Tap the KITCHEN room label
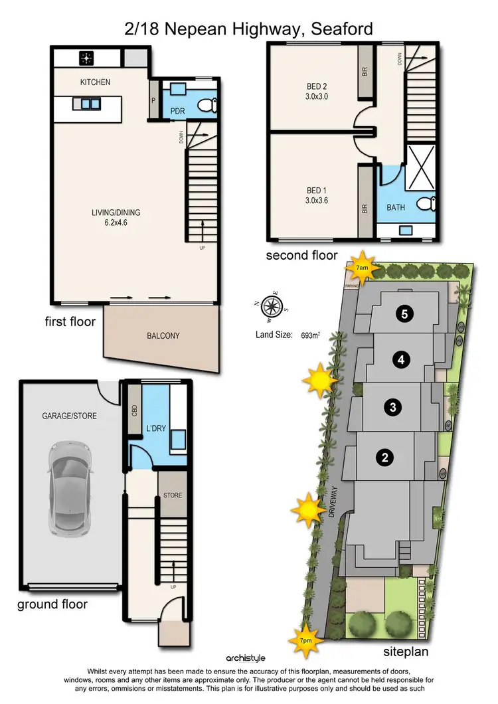[x=95, y=82]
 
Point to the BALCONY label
[x=163, y=336]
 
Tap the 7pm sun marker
[x=305, y=640]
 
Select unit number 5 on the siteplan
[x=404, y=314]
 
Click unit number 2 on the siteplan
[x=383, y=457]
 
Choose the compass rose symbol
[x=271, y=306]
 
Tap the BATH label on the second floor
[x=396, y=207]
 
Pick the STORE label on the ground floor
[x=173, y=495]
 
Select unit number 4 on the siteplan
[x=400, y=360]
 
